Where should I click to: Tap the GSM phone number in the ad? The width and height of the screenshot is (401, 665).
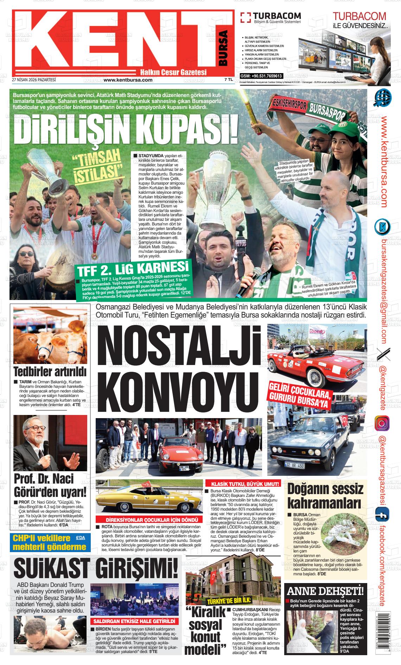tap(261, 76)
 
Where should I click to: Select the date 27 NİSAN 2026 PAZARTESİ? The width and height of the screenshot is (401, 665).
tap(34, 80)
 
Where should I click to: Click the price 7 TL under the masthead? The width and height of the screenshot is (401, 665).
tap(228, 80)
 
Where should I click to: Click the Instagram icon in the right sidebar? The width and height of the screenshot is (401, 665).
tap(382, 423)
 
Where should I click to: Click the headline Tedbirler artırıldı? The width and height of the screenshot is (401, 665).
tap(50, 372)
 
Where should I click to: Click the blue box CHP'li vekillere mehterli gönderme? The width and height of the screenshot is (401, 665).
tap(50, 542)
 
